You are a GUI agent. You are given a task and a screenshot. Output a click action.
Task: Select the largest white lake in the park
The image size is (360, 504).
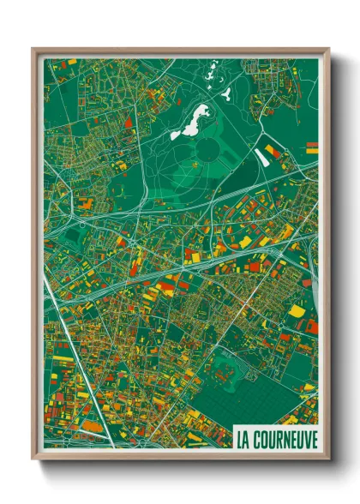(190, 118)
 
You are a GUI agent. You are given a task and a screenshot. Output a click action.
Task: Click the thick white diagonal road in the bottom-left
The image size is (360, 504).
(81, 377)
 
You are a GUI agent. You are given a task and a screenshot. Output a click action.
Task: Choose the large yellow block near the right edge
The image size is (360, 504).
(297, 310)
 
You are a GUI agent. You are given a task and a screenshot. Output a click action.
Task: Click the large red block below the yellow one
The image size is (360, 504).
(312, 326)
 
